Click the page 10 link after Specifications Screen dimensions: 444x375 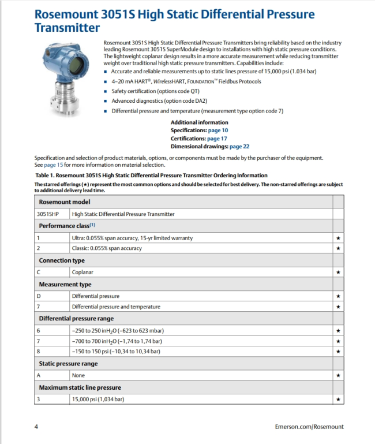[x=217, y=130]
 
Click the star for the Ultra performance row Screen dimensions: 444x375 [x=338, y=238]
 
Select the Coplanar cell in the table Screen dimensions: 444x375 [x=82, y=271]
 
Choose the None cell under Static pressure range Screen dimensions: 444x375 [x=78, y=375]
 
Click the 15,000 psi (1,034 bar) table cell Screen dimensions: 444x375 [x=98, y=399]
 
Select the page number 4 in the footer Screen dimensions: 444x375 [x=36, y=427]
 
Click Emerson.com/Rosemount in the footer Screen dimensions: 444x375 [x=310, y=427]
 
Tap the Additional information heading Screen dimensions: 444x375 [x=199, y=122]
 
